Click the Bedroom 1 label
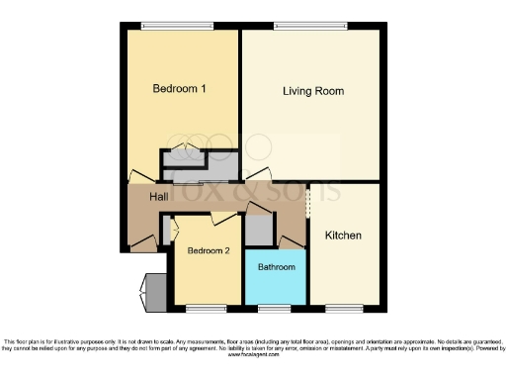pyautogui.click(x=179, y=89)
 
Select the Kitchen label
pyautogui.click(x=343, y=236)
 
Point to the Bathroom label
pyautogui.click(x=276, y=267)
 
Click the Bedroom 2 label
pyautogui.click(x=209, y=251)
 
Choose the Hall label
pyautogui.click(x=158, y=198)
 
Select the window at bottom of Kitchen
pyautogui.click(x=343, y=308)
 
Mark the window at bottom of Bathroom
pyautogui.click(x=275, y=308)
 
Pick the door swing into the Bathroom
pyautogui.click(x=290, y=240)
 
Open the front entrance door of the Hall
pyautogui.click(x=142, y=242)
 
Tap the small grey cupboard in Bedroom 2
pyautogui.click(x=166, y=231)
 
